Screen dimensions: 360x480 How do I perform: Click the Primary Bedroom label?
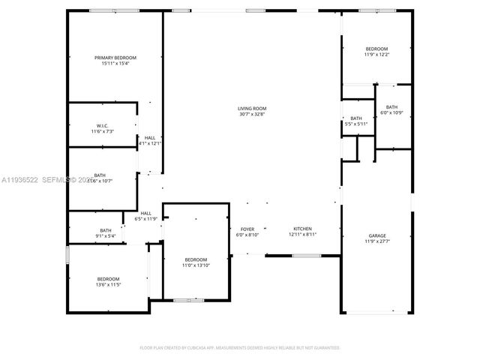(x=115, y=58)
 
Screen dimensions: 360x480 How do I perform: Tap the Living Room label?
(x=253, y=109)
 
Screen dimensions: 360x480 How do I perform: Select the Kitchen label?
(x=302, y=229)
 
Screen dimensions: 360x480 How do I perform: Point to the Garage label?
(x=376, y=235)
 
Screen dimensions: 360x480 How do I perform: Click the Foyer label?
(x=247, y=229)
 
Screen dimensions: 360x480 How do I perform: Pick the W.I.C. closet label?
(x=102, y=125)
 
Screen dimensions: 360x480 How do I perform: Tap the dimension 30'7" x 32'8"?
(x=253, y=115)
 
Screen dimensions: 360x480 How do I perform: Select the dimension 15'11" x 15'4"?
(x=115, y=64)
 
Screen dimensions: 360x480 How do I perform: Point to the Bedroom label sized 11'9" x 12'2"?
(x=376, y=49)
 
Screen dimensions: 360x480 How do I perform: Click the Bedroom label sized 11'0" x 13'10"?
(x=196, y=259)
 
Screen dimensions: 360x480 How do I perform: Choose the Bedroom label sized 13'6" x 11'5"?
(x=108, y=279)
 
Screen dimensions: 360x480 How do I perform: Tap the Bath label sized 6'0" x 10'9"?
(x=392, y=107)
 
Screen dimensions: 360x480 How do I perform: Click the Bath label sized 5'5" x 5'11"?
(x=356, y=118)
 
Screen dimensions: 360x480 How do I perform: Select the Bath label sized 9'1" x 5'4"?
(x=106, y=230)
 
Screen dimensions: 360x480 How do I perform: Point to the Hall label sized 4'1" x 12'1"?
(x=150, y=137)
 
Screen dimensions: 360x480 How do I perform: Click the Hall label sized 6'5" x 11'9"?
(x=146, y=213)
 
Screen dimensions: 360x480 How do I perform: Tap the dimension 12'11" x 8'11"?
(x=302, y=235)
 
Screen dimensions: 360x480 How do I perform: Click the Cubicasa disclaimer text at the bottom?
(x=240, y=347)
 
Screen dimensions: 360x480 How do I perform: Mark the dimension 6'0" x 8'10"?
(x=247, y=235)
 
